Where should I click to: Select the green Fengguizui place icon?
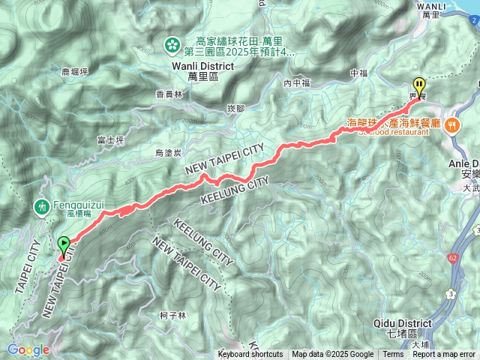(42, 205)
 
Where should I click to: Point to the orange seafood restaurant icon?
(452, 125)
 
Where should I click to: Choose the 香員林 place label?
(169, 94)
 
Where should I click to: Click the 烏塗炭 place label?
(169, 153)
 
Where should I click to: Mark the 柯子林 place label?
(173, 316)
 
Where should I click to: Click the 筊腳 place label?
(235, 109)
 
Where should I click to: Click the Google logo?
(28, 349)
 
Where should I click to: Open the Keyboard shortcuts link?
(250, 355)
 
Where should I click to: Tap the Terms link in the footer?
(393, 355)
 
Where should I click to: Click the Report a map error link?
(443, 355)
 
